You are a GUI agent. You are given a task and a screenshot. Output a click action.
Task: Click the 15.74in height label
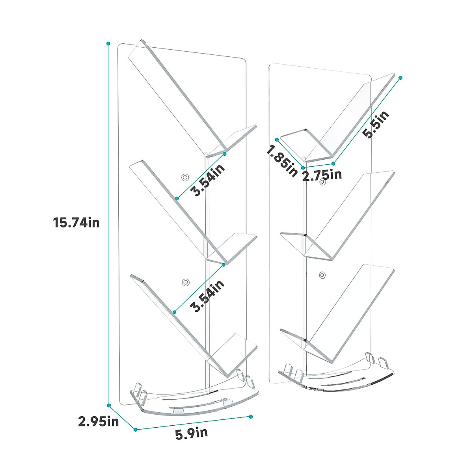[x=76, y=223]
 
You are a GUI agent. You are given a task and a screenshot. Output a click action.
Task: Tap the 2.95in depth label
[x=99, y=422]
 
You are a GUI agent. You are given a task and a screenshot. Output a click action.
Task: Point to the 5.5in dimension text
[x=376, y=125]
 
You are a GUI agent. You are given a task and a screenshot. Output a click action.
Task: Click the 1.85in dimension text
[x=282, y=161]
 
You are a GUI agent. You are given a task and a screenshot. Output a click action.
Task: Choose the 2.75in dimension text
[x=322, y=175]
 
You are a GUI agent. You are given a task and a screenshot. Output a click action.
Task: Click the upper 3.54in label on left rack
[x=207, y=180]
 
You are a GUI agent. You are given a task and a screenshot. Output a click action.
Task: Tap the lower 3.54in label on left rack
[x=207, y=296]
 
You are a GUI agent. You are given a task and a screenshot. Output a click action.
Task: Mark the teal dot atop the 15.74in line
[x=108, y=43]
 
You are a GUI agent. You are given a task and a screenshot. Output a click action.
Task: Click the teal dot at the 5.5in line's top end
[x=401, y=78]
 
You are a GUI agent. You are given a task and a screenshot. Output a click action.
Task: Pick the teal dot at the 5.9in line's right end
[x=251, y=416]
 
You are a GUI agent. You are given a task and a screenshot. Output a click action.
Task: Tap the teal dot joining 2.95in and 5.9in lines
[x=135, y=429]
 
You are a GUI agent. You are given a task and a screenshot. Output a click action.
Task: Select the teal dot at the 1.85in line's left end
[x=277, y=140]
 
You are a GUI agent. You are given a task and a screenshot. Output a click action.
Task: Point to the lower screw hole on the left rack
[x=185, y=282]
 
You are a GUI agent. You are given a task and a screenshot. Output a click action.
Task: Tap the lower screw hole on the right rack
[x=323, y=275]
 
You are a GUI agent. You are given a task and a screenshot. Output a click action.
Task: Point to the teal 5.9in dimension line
[x=193, y=423]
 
